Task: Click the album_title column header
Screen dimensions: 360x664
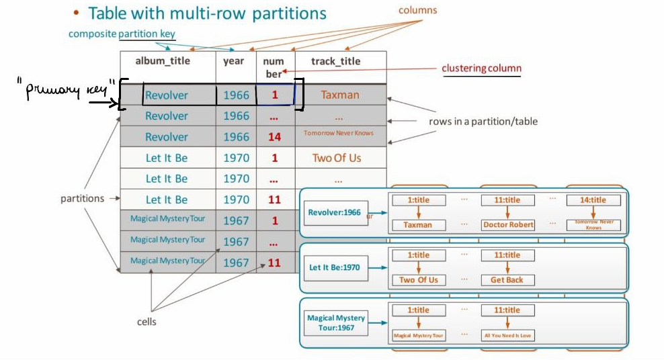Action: click(163, 61)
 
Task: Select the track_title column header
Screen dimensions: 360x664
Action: click(336, 61)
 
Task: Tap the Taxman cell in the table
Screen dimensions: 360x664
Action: click(340, 95)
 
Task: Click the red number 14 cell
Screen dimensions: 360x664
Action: click(274, 137)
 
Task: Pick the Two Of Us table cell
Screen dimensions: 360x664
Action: click(337, 158)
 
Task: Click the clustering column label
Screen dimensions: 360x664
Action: click(481, 69)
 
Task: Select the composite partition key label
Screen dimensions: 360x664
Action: click(122, 34)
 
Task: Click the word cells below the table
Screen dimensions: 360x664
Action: click(147, 322)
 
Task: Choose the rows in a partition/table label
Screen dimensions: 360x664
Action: click(483, 122)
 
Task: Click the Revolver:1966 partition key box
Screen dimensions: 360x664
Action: click(334, 212)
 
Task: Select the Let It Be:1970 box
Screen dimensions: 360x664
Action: click(334, 267)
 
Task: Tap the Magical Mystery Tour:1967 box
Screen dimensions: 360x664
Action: click(336, 322)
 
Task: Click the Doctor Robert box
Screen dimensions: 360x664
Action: click(508, 225)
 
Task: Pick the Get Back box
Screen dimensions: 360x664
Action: click(507, 280)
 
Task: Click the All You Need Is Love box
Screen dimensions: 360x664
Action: click(508, 335)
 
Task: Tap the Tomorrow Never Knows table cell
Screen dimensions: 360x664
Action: click(339, 133)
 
